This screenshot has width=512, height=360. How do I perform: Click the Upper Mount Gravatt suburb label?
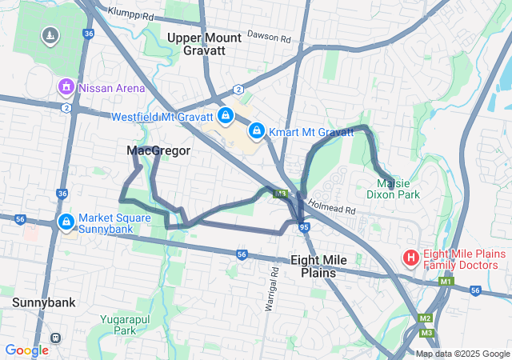tap(205, 44)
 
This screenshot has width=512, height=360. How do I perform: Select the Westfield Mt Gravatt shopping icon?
tap(226, 116)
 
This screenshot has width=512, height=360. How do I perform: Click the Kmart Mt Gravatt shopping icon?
tap(257, 130)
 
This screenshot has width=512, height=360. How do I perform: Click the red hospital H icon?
tap(410, 258)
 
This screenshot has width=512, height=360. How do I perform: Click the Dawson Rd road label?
tap(266, 35)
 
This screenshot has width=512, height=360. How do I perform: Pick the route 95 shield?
tap(304, 227)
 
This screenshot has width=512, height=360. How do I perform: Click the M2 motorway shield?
tap(425, 318)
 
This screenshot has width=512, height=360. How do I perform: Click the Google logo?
tap(26, 350)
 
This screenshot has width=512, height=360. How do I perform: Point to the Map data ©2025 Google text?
tap(462, 354)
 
